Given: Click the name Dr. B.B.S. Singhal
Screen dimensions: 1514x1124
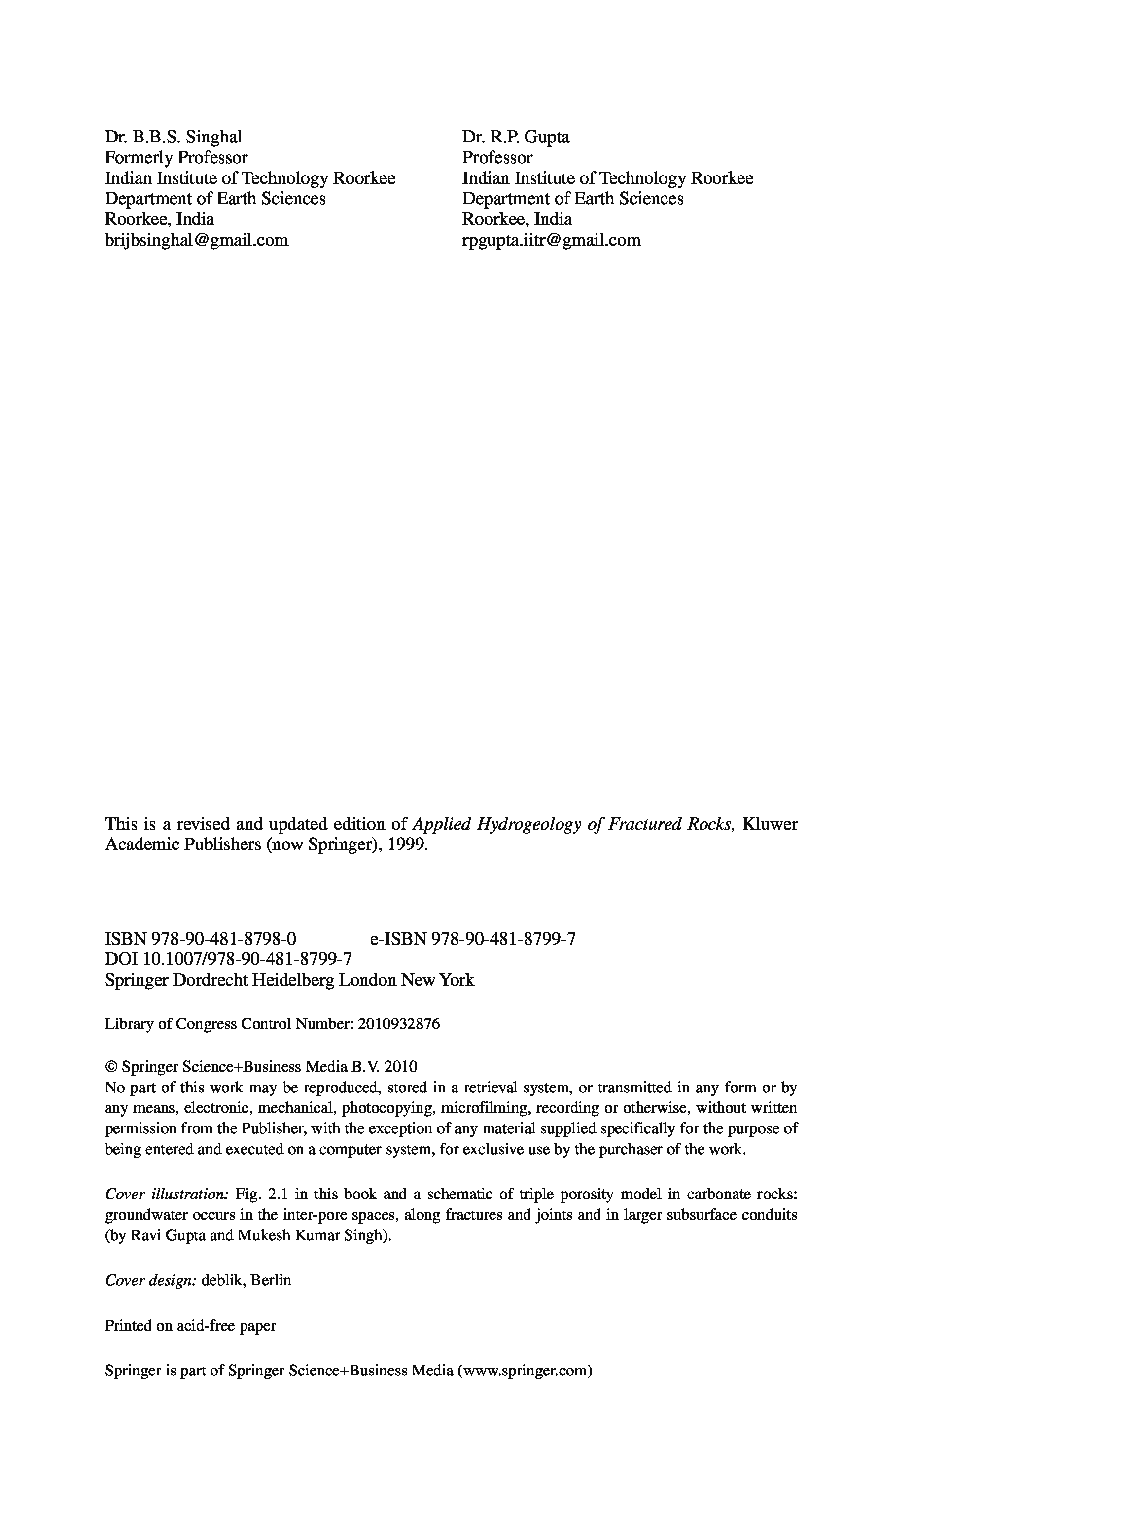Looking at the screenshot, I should (x=173, y=138).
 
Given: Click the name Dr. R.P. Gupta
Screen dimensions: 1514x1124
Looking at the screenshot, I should (x=516, y=138).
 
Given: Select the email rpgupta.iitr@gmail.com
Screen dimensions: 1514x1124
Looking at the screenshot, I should (x=551, y=240).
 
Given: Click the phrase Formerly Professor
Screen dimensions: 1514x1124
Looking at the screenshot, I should (x=176, y=158).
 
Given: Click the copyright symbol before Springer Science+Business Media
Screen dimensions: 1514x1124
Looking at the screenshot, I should (x=111, y=1067).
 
